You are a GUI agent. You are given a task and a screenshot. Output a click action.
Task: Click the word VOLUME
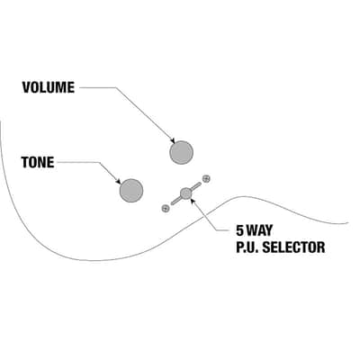(49, 87)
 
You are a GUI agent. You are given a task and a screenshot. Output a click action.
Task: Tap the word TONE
(38, 162)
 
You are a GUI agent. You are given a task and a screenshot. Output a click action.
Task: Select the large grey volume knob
(181, 152)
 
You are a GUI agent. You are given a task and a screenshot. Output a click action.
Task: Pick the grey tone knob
(131, 191)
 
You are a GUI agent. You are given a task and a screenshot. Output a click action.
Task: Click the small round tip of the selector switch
(186, 193)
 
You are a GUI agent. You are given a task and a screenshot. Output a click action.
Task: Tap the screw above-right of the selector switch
(206, 179)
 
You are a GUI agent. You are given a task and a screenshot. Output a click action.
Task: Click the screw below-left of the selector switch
(165, 208)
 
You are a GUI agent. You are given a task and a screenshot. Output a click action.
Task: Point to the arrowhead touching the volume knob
(173, 140)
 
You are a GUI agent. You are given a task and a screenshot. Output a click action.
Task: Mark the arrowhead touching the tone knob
(119, 182)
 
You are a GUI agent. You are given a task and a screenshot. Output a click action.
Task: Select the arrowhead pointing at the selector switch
(193, 201)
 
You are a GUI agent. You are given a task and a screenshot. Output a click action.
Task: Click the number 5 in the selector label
(240, 230)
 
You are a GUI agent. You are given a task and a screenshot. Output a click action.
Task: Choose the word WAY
(259, 230)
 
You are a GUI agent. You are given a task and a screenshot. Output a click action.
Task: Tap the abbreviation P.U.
(247, 247)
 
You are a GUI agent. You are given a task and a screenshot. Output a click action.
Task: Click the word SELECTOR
(293, 247)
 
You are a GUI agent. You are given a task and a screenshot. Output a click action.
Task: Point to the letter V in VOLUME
(26, 87)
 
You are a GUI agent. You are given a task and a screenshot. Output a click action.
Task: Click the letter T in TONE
(25, 162)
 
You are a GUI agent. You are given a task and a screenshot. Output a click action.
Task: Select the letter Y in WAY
(268, 230)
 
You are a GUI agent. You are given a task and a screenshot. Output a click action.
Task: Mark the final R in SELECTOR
(320, 247)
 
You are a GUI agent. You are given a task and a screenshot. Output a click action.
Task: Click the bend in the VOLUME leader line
(116, 87)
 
